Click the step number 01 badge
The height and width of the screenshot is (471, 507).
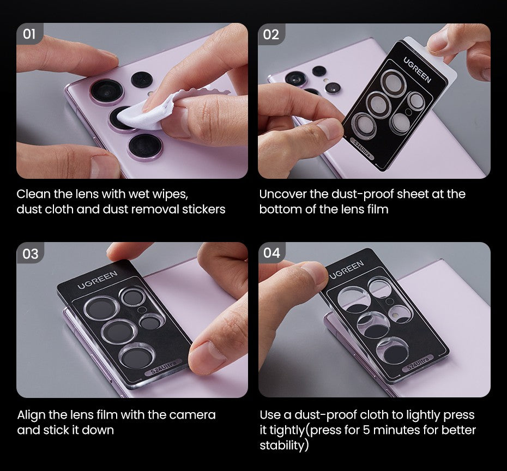(x=29, y=34)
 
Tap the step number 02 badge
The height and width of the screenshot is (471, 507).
(x=271, y=34)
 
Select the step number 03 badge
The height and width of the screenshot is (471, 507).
(x=30, y=254)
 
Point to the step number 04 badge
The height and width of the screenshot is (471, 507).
(x=271, y=253)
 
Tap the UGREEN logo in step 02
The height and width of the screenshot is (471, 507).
(x=417, y=69)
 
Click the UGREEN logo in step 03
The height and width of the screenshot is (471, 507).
(x=97, y=280)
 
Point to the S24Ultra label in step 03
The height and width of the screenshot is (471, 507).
(x=164, y=367)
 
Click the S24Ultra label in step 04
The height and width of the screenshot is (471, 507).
(x=418, y=364)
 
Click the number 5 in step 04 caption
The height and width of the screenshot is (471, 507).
(x=366, y=430)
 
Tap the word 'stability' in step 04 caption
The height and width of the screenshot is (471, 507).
(x=282, y=445)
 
